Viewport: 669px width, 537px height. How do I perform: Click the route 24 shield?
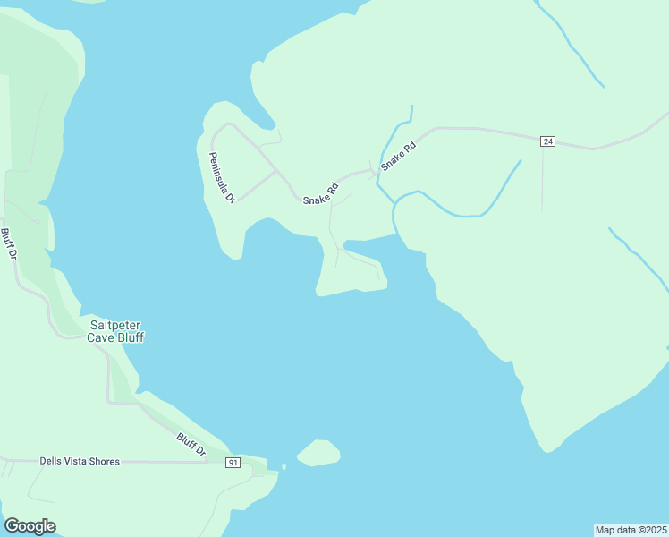[x=548, y=141]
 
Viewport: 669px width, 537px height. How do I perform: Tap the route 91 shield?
[x=233, y=462]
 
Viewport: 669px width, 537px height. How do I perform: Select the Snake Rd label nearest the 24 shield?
[x=399, y=156]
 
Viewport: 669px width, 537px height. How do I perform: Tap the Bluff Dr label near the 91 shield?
[x=191, y=445]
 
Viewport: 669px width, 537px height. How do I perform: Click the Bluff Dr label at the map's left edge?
[x=9, y=244]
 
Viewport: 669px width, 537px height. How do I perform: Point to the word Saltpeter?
[x=115, y=326]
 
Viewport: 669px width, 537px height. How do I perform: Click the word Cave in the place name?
[x=101, y=338]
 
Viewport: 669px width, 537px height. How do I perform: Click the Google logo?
[x=30, y=525]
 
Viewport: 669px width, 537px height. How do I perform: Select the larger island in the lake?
[x=318, y=453]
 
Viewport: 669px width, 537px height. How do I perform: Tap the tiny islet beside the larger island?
[x=283, y=466]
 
